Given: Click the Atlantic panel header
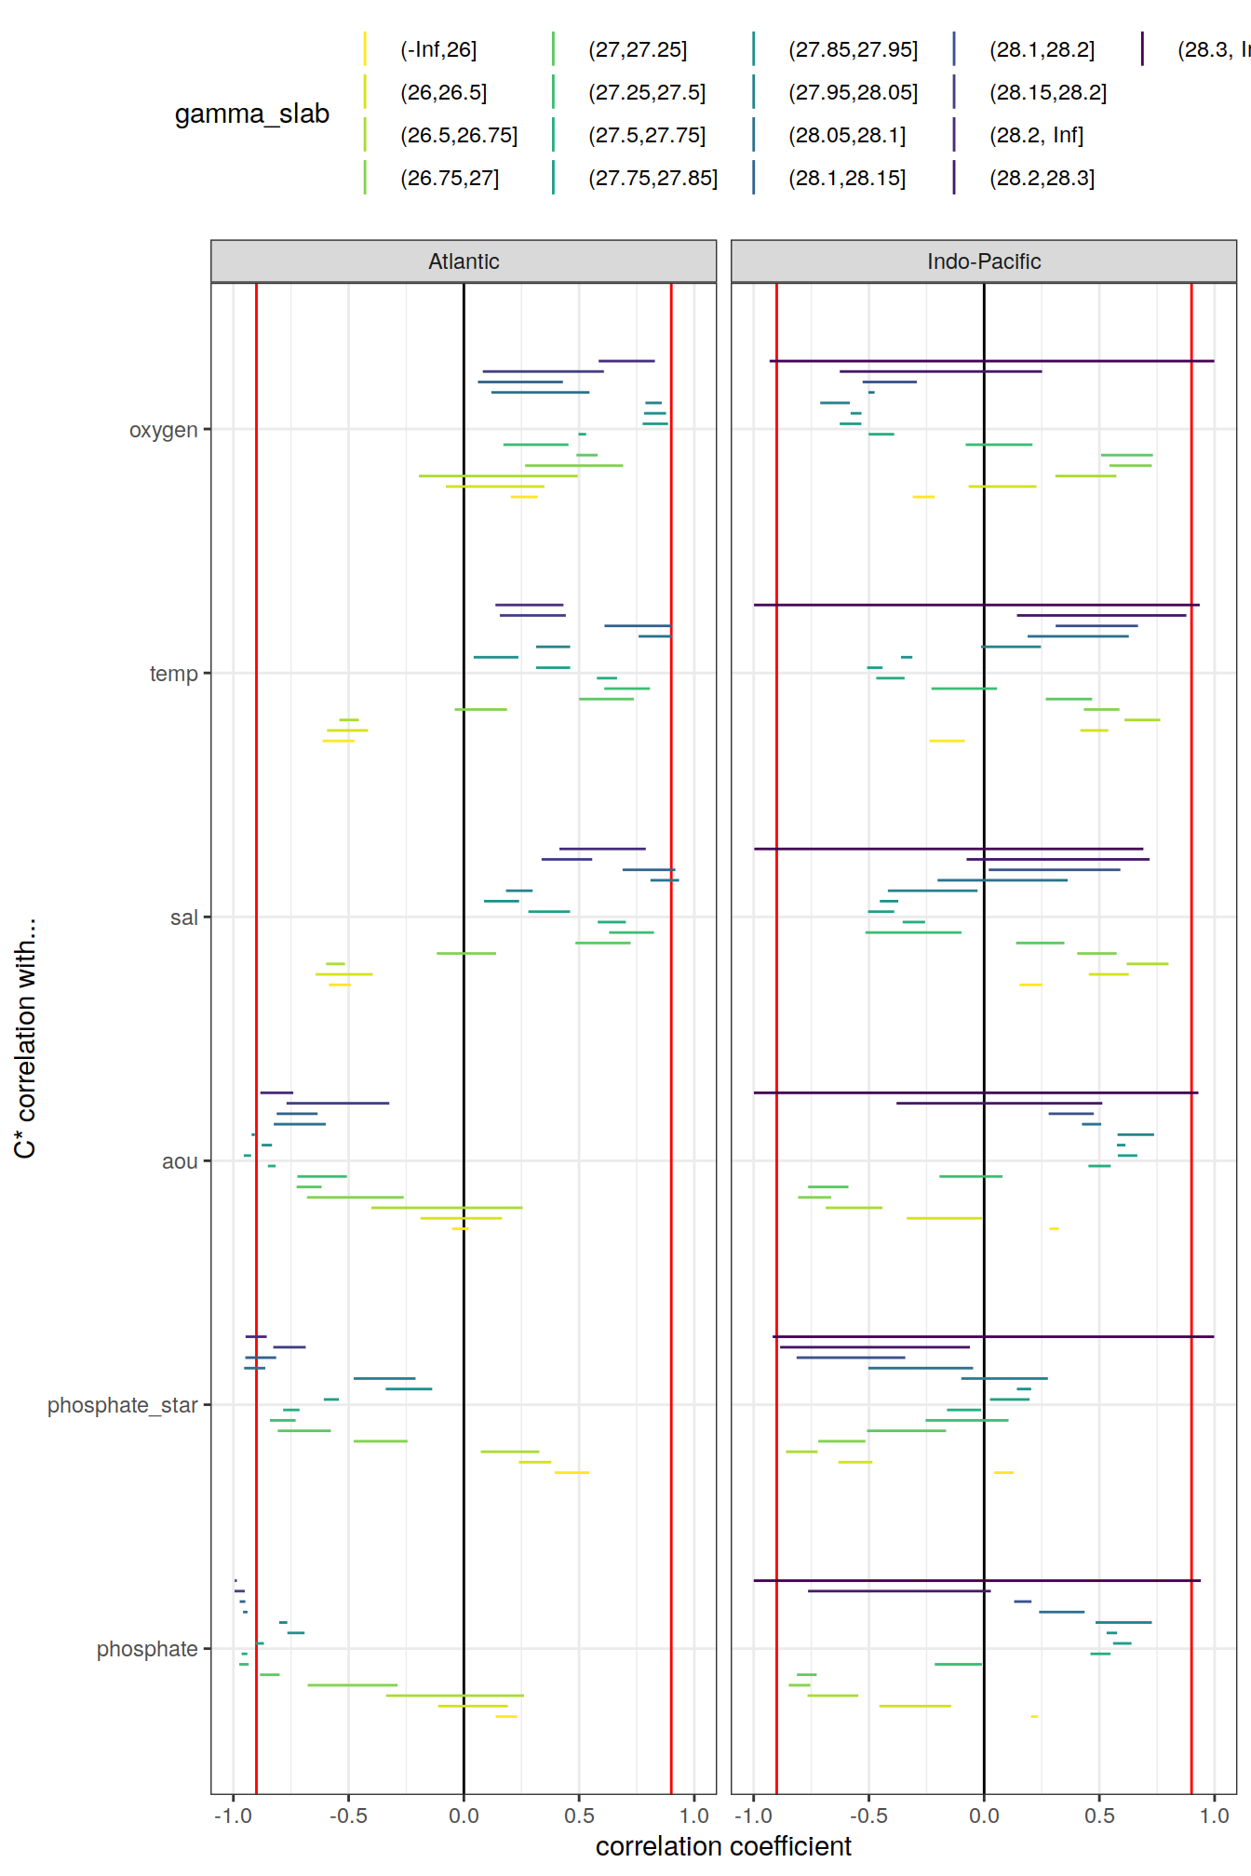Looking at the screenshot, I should [x=464, y=261].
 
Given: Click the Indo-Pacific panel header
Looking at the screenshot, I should [x=983, y=261].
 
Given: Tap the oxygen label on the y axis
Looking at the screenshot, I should [x=163, y=430].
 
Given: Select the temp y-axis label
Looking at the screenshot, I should [x=173, y=674].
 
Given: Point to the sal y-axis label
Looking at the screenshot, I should [x=183, y=918].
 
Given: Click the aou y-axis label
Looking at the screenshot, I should [x=180, y=1161].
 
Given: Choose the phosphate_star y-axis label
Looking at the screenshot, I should [x=122, y=1405].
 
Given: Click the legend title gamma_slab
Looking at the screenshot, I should [x=251, y=114].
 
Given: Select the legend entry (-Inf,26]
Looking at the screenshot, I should [x=437, y=49].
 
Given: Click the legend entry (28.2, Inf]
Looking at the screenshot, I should [x=1035, y=135].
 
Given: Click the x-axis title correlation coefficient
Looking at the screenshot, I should [x=723, y=1846].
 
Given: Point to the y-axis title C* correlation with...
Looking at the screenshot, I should [x=25, y=1038].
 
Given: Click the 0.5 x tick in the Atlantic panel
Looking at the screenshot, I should [x=579, y=1816].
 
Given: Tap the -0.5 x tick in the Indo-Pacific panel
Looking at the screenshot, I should [x=868, y=1816].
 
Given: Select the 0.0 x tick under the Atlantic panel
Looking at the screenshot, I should [x=464, y=1816].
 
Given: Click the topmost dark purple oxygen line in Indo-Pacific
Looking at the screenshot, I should [x=991, y=360].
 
